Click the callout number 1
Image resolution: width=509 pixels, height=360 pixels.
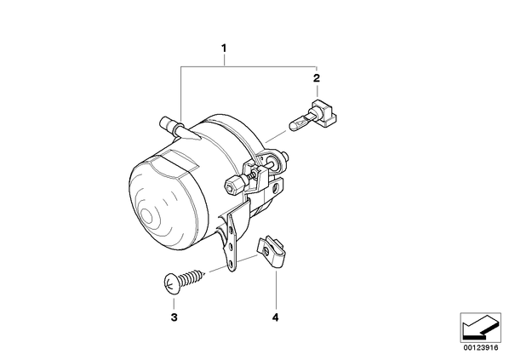coord(223,49)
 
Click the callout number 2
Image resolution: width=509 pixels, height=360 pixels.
coord(316,78)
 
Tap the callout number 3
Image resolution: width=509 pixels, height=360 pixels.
coord(174,317)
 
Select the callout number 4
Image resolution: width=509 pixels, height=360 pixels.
coord(275,317)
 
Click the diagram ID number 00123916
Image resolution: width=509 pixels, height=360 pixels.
coord(481,348)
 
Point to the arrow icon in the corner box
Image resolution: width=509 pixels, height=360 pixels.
coord(480,328)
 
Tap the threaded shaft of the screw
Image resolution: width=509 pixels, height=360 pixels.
coord(192,277)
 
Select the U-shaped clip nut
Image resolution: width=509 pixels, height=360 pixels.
coord(272,252)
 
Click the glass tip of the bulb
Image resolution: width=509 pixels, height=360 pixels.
coord(298,123)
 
